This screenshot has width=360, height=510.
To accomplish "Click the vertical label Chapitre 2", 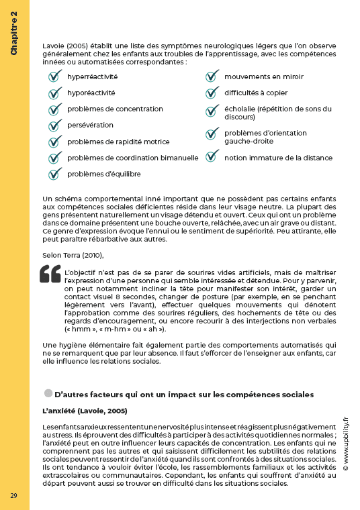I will click(x=14, y=34).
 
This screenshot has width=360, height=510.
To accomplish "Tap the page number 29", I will click(x=13, y=495).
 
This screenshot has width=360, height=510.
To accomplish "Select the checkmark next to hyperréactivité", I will click(x=54, y=76).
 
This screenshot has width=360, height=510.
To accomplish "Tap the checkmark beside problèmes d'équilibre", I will click(x=54, y=174).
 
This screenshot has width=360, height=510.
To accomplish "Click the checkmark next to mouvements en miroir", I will click(x=212, y=76).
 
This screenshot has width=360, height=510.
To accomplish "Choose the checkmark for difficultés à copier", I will click(x=212, y=93).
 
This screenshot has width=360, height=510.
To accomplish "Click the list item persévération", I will click(x=90, y=125).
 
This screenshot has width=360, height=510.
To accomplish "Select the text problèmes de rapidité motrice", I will click(x=118, y=142).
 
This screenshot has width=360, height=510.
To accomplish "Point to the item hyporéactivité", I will click(x=91, y=93).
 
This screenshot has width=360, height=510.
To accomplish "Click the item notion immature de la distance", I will click(x=278, y=158).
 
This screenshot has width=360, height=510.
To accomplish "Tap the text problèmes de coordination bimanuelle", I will click(x=132, y=158).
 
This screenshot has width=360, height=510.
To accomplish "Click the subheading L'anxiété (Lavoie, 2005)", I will click(x=85, y=410).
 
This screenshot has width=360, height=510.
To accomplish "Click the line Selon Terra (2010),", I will click(x=73, y=255).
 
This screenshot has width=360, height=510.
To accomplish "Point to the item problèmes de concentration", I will click(x=115, y=109).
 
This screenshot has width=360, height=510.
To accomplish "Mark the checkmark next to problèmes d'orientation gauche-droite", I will click(x=212, y=137).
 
